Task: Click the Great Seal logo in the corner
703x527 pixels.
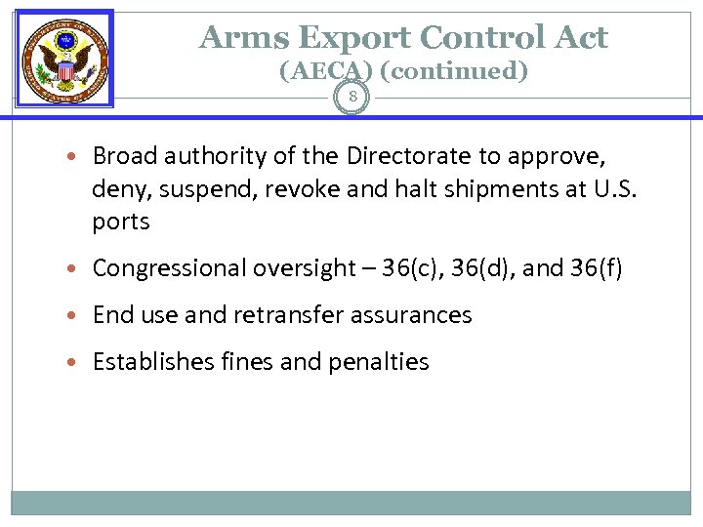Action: pos(64,58)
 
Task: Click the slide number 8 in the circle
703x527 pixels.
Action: pos(352,98)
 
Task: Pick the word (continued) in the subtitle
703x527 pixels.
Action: pos(452,71)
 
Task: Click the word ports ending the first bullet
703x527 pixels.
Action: pos(121,223)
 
